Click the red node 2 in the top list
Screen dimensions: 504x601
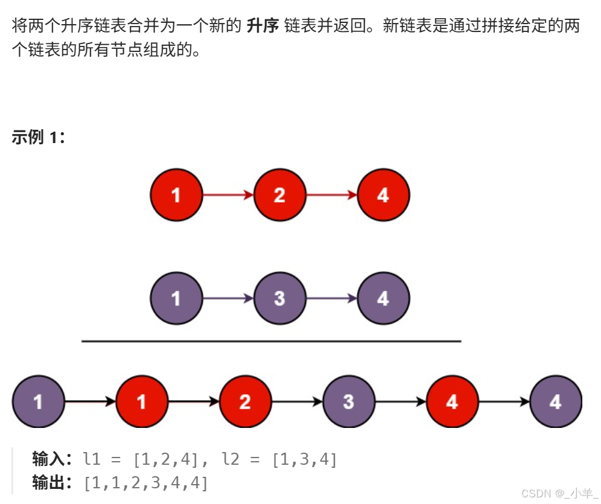[279, 196]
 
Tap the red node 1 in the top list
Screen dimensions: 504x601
[176, 196]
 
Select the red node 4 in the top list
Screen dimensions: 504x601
[383, 196]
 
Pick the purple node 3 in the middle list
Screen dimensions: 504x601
[279, 298]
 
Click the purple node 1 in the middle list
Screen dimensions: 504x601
[176, 298]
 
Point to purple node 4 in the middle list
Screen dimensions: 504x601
[383, 298]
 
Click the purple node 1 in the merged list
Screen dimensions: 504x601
[38, 401]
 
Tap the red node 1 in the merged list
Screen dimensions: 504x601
[142, 401]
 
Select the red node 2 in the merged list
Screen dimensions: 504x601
[245, 401]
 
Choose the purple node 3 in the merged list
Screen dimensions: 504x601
[349, 401]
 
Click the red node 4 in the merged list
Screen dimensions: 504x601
[452, 401]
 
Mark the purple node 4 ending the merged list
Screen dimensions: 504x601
[556, 401]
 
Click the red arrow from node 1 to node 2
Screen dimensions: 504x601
[227, 195]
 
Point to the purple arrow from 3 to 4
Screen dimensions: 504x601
[331, 298]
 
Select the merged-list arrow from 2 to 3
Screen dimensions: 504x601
[297, 401]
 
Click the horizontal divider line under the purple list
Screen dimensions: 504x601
[271, 342]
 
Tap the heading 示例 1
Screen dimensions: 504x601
[38, 138]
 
